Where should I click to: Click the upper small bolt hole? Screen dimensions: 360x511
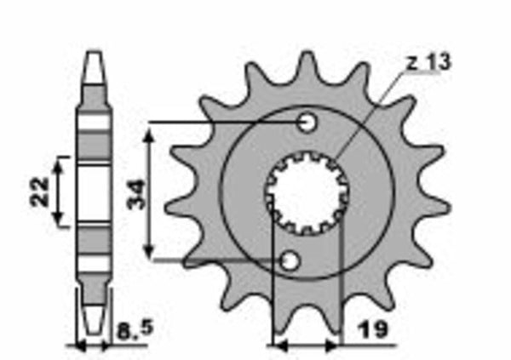pyautogui.click(x=307, y=123)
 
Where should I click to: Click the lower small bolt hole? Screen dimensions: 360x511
pyautogui.click(x=290, y=260)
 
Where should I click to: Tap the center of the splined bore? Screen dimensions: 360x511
pyautogui.click(x=302, y=192)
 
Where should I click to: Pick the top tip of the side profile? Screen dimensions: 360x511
pyautogui.click(x=94, y=57)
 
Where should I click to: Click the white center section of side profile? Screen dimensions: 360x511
pyautogui.click(x=94, y=191)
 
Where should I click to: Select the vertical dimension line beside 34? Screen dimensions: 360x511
pyautogui.click(x=151, y=191)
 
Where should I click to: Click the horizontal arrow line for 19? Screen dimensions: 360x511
pyautogui.click(x=305, y=346)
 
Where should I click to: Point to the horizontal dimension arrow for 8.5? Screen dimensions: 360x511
pyautogui.click(x=94, y=346)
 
